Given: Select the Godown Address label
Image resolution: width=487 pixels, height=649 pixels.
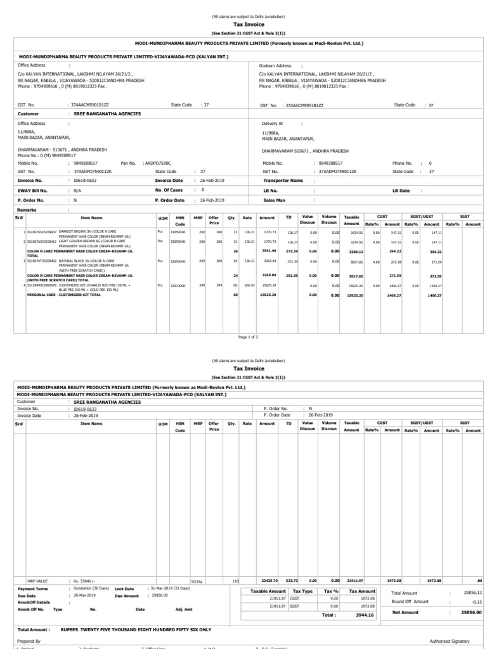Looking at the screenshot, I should click(275, 65).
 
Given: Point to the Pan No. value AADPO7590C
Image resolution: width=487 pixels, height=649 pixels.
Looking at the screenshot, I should click(158, 163).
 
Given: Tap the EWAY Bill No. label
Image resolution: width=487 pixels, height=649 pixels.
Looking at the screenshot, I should click(32, 190).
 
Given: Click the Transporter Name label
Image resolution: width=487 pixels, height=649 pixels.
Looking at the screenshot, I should click(283, 180).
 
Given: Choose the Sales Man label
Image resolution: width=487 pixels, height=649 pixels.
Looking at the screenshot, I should click(275, 200).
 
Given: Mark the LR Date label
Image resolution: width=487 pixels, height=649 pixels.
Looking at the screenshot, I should click(401, 190).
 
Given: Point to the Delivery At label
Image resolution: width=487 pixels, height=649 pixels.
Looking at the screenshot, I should click(273, 123).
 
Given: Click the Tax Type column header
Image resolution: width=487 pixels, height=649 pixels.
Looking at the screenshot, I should click(303, 591).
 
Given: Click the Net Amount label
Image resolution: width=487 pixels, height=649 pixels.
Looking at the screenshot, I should click(406, 613).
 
